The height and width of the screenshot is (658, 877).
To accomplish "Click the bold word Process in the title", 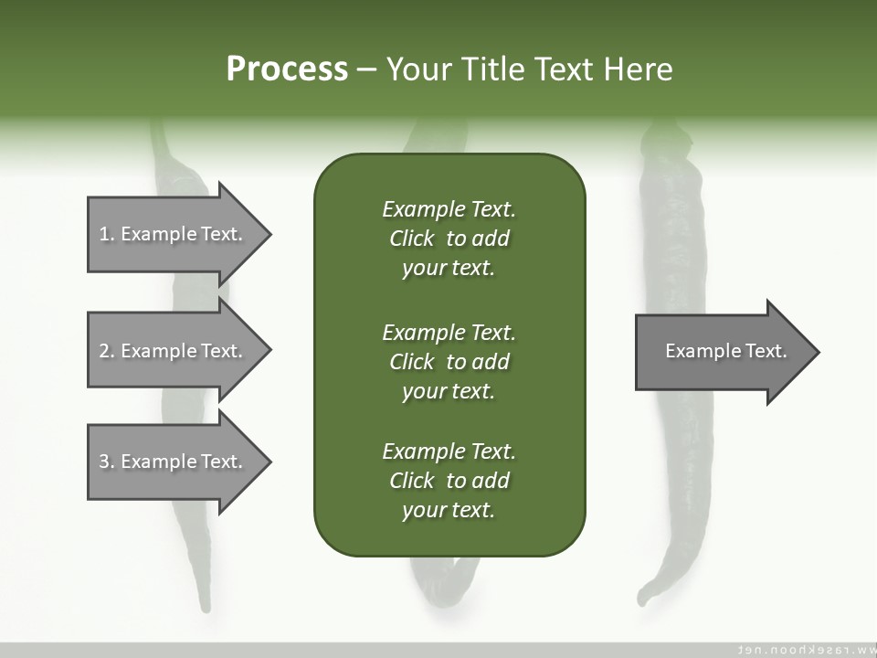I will point(287,69).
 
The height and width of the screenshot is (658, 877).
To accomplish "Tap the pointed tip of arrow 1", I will point(269,234).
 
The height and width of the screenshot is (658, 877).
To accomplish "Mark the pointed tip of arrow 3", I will point(269,462).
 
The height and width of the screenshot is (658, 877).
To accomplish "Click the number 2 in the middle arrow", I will point(104,351).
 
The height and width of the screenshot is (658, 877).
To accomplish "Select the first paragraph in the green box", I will point(449,239).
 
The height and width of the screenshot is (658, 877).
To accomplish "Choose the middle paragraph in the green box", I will point(449,362).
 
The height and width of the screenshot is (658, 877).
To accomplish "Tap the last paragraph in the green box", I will point(449,481).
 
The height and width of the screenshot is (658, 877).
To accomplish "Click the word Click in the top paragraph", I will point(412,239).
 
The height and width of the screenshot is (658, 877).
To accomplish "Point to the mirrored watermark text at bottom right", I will point(804,650).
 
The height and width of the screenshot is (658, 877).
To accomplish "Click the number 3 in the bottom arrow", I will point(104,462).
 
